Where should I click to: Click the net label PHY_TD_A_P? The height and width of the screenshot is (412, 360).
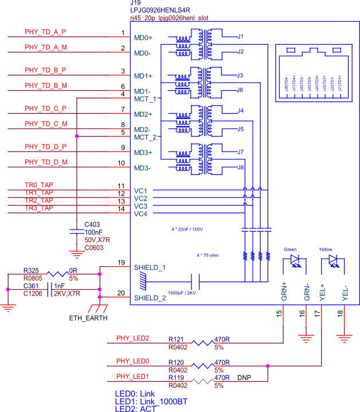click(x=45, y=32)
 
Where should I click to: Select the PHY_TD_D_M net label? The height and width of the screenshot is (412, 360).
click(x=46, y=162)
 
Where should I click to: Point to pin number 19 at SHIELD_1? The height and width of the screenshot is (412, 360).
click(x=121, y=263)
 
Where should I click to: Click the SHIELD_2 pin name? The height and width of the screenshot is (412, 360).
click(x=150, y=298)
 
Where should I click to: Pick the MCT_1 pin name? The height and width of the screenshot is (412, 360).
click(x=145, y=99)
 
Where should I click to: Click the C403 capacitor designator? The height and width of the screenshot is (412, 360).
click(x=92, y=224)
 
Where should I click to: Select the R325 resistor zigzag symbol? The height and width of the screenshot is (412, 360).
click(x=56, y=274)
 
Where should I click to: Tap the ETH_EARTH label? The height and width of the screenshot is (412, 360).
click(x=88, y=317)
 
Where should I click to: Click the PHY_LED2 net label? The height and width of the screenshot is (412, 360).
click(x=132, y=338)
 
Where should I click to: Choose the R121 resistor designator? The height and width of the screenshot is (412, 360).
click(x=175, y=339)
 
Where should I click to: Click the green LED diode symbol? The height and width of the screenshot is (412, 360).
click(x=296, y=261)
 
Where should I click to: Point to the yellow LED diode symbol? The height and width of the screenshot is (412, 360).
click(x=333, y=261)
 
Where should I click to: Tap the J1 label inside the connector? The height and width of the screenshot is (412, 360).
click(x=240, y=37)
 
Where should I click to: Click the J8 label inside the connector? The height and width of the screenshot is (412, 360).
click(x=240, y=167)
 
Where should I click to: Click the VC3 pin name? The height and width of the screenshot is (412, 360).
click(x=140, y=206)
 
